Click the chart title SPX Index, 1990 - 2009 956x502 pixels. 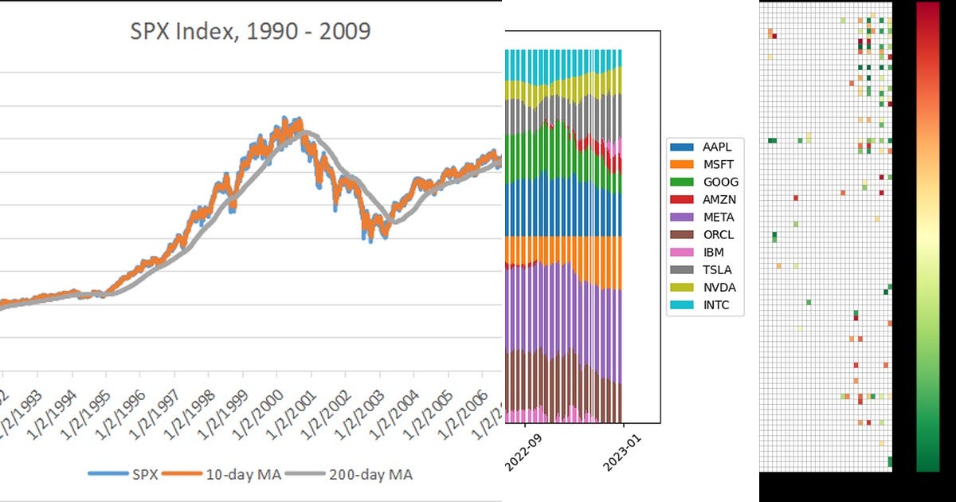(250, 32)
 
